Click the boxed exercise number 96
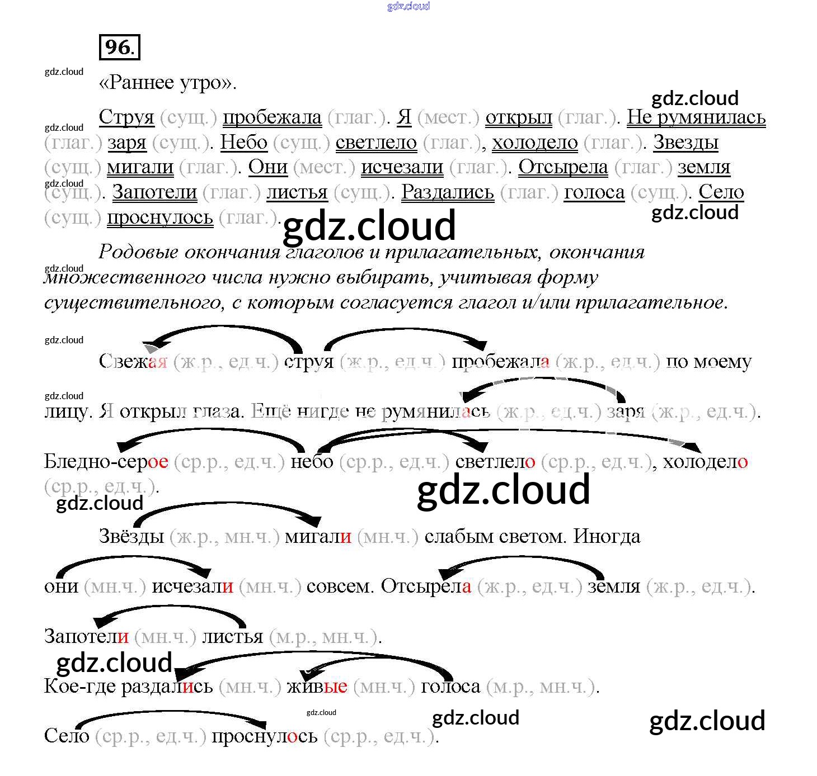pos(119,47)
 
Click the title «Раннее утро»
pos(167,83)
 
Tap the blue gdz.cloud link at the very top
pos(408,6)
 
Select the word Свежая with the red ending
pos(133,361)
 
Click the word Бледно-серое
pos(106,462)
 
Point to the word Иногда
pos(607,537)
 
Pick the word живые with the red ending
pos(317,687)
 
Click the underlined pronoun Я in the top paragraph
pos(404,117)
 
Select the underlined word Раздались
pos(448,192)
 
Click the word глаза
pos(217,412)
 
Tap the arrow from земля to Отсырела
pos(520,559)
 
